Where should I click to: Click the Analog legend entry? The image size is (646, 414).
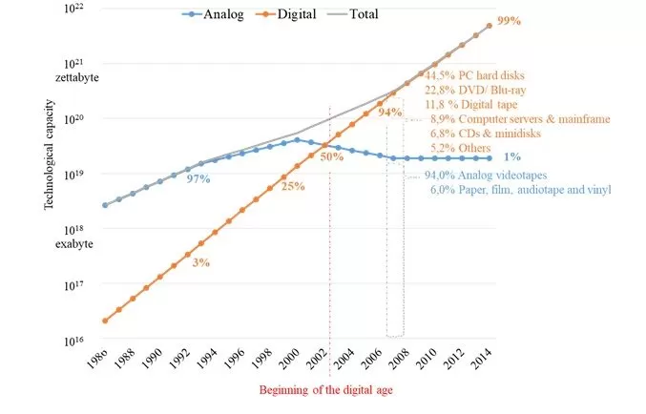[207, 14]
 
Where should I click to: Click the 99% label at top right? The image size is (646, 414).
[511, 20]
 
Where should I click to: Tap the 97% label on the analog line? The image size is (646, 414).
[198, 178]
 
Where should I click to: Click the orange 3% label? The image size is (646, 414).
[200, 261]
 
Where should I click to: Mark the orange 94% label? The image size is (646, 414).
[389, 113]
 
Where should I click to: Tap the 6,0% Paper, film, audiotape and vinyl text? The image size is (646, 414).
[520, 190]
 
